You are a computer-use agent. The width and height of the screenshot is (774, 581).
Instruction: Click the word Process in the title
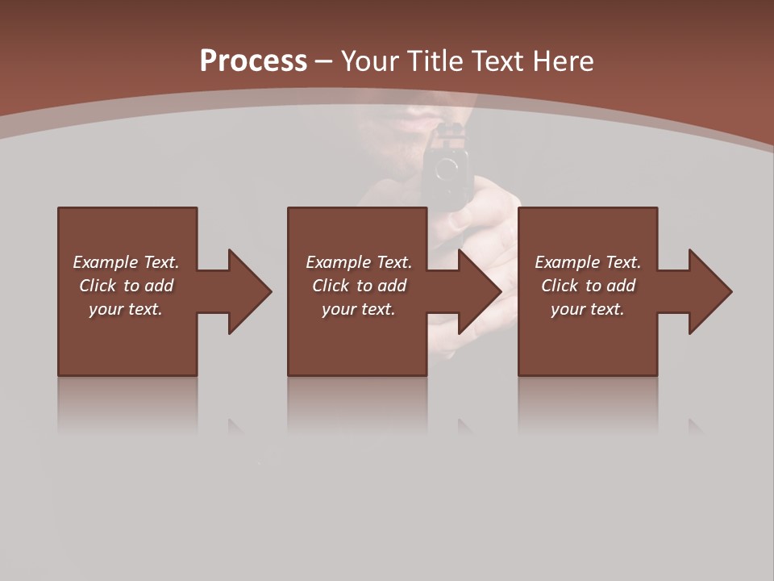pos(253,61)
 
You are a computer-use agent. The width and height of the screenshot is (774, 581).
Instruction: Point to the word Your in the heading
pos(372,61)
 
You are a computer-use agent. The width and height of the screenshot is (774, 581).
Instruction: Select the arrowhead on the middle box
pos(479,291)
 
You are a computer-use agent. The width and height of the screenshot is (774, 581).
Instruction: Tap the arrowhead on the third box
pos(709,291)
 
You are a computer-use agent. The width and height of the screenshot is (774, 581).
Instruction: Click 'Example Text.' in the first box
pos(126,262)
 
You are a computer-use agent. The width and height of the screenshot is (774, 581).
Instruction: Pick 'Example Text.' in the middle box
pos(359,262)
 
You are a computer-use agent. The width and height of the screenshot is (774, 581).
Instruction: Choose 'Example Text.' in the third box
pos(588,262)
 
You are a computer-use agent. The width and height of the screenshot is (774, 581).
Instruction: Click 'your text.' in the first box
pos(126,309)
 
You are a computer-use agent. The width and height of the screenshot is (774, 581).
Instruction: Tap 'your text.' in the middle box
pos(359,309)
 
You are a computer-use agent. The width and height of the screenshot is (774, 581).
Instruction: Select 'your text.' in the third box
pos(588,309)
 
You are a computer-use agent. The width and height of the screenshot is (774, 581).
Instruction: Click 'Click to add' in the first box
pos(126,286)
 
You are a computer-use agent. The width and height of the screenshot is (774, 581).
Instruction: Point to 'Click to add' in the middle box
pos(359,286)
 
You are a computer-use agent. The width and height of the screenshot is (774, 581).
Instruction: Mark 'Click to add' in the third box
pos(588,286)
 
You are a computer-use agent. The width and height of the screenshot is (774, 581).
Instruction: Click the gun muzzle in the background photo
pos(446,170)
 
